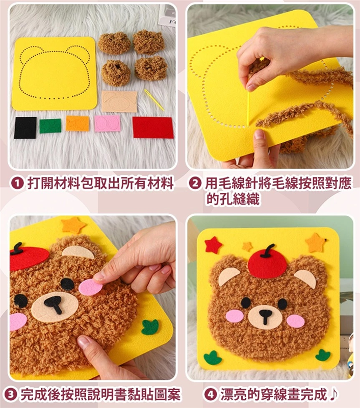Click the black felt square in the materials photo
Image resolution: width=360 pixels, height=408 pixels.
click(x=25, y=127)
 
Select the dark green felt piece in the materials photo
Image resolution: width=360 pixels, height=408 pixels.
click(x=50, y=125)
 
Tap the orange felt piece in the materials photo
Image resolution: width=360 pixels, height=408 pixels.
click(x=78, y=123)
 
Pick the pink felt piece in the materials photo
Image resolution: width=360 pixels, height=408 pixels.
click(x=107, y=123)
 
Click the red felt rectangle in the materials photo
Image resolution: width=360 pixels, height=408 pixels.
click(x=153, y=127)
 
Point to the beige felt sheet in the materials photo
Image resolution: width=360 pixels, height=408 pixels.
click(x=119, y=101)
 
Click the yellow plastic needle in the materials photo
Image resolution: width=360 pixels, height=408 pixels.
click(x=154, y=100)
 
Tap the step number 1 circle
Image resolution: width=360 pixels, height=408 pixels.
click(x=17, y=183)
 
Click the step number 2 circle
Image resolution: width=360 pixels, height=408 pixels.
click(x=195, y=183)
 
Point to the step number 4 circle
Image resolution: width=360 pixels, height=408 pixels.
click(x=210, y=394)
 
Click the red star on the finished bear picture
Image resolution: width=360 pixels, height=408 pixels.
click(x=213, y=245)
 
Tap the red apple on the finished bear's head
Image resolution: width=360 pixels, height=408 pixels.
click(x=267, y=262)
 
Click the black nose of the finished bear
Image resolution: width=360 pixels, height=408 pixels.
click(x=265, y=316)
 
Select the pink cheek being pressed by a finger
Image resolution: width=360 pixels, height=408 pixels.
click(x=91, y=287)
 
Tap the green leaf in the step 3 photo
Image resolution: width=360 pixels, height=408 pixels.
click(x=150, y=327)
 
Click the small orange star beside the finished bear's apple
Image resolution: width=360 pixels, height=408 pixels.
click(x=247, y=246)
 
